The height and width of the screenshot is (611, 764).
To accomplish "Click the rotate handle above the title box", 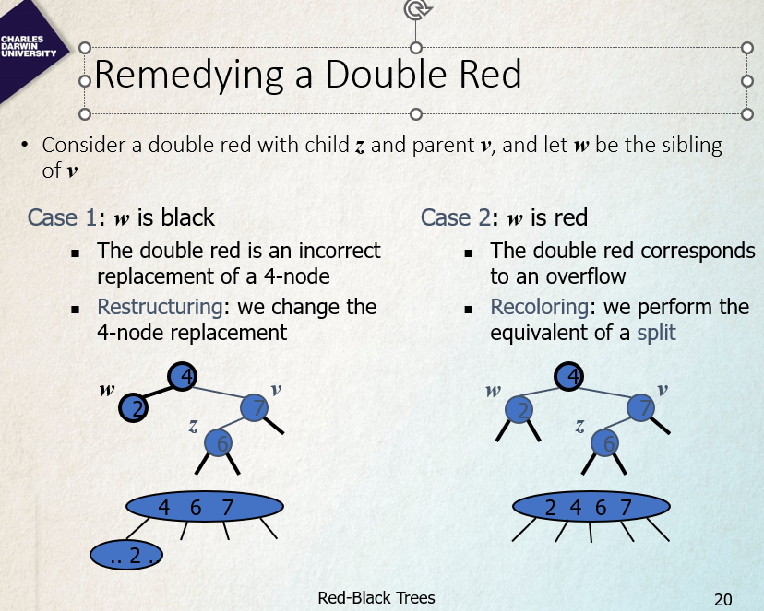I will [415, 9].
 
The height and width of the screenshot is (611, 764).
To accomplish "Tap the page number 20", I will [723, 600].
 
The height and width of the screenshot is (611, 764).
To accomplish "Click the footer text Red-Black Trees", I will [376, 598].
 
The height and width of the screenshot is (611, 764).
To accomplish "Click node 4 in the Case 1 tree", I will [183, 376].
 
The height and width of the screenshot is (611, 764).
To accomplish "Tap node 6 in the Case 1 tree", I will [219, 443].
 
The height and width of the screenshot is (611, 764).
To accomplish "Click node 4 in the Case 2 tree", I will [569, 376].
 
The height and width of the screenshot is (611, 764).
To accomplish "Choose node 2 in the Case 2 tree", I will [522, 408].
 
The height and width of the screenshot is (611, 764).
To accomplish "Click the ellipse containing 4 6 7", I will [205, 507].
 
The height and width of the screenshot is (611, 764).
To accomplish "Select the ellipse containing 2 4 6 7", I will [590, 507].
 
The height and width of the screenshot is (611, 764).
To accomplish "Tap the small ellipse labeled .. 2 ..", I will [128, 555].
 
